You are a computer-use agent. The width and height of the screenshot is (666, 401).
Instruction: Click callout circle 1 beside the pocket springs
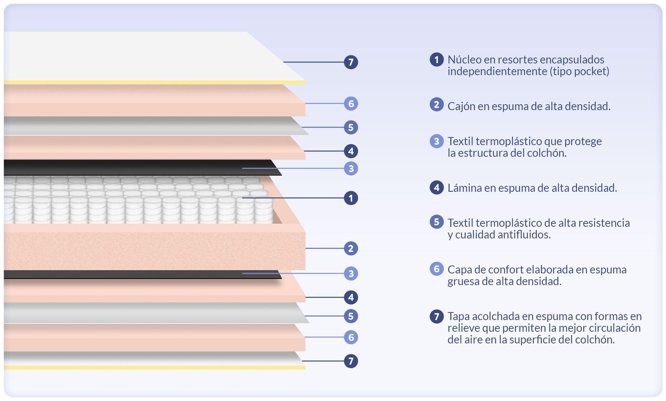coord(351,198)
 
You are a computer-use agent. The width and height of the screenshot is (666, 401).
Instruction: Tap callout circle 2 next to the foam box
coord(351,248)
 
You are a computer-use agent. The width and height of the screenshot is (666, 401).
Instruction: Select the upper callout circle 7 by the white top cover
coord(351,62)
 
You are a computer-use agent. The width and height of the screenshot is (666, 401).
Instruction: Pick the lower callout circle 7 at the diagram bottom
coord(351,361)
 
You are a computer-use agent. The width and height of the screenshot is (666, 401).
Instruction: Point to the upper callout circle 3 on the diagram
coord(351,168)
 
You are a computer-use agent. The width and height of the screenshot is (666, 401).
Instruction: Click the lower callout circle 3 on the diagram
coord(351,273)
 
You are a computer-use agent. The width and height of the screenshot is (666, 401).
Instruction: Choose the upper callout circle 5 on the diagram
coord(351,127)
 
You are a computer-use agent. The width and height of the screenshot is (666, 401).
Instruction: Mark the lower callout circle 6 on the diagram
coord(351,337)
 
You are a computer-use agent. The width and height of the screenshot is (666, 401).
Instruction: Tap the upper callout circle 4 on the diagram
coord(351,151)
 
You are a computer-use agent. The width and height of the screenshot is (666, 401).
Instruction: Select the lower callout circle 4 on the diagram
coord(351,297)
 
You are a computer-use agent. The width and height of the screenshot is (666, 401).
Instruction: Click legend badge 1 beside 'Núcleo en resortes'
coord(436,59)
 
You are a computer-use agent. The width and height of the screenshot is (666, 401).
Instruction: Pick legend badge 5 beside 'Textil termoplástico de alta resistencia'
coord(436,222)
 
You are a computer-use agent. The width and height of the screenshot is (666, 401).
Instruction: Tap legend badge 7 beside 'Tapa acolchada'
coord(436,316)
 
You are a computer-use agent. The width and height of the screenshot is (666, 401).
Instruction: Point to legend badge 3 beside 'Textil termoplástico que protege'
coord(436,141)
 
